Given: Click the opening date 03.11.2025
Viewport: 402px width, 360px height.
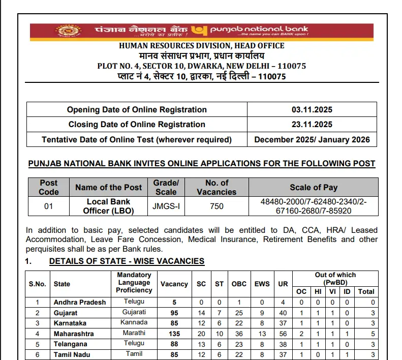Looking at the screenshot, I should [312, 110].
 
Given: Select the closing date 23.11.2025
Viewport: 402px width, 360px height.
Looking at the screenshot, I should [312, 125].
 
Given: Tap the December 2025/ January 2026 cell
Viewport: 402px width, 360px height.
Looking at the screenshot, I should [312, 139].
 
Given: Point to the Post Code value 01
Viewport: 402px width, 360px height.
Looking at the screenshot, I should [48, 205].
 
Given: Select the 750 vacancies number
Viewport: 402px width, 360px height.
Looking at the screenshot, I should [217, 206].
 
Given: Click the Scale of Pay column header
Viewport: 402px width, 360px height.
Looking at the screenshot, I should [314, 187].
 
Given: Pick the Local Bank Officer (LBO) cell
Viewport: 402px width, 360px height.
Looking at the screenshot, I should [108, 206].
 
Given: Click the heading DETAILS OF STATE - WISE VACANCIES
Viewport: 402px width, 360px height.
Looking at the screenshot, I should [127, 261].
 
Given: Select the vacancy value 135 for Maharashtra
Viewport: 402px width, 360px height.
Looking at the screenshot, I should [174, 334].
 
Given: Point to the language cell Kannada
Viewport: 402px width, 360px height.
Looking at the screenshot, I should [134, 323].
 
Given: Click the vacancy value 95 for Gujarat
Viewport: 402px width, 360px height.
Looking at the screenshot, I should [174, 313].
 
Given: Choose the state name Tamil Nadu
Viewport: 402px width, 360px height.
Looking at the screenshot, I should [73, 354].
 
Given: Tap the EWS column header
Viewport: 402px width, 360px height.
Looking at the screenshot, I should [262, 284].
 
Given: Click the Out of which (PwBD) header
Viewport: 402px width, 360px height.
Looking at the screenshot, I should [335, 278].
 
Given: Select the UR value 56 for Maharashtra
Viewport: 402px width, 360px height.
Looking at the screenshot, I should [283, 334].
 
